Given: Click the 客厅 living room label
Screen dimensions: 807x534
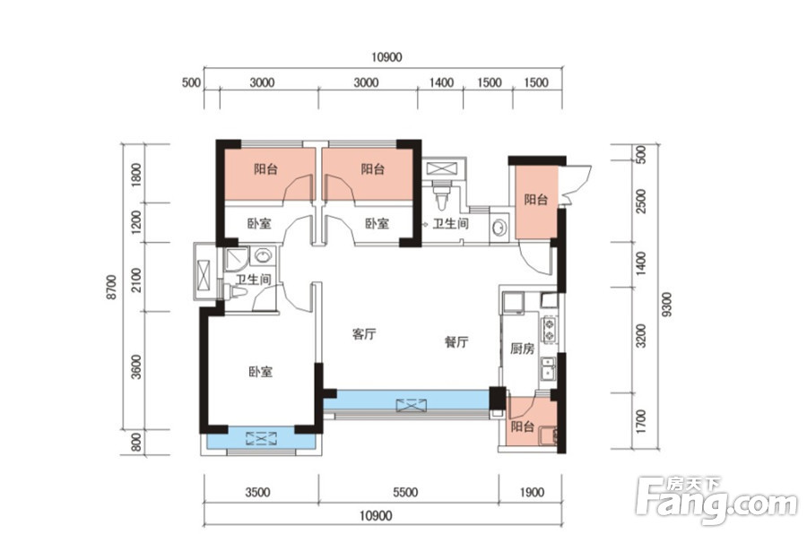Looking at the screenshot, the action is (x=364, y=334).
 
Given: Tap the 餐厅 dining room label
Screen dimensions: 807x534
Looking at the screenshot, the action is (x=456, y=341).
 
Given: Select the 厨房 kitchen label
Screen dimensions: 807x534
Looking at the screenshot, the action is (x=522, y=349).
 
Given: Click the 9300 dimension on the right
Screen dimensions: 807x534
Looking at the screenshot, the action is (x=666, y=305).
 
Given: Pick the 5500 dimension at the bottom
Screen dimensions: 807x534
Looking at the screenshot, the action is (x=405, y=492).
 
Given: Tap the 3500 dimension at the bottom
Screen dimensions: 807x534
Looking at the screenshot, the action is (x=257, y=492).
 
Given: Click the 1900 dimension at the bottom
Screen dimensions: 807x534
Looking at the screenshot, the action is (x=532, y=492).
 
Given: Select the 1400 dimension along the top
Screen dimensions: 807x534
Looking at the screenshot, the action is (x=441, y=82).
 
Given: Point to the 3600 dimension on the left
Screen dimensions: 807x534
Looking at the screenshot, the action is (x=136, y=366).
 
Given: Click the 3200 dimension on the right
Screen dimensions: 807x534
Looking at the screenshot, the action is (x=641, y=335).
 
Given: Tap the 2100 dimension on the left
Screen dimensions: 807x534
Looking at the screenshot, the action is (x=136, y=280).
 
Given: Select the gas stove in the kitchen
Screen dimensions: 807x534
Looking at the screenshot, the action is (x=550, y=330).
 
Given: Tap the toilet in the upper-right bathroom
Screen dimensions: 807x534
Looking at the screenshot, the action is (x=441, y=197).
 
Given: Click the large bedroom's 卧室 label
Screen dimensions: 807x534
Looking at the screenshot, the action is (x=260, y=372).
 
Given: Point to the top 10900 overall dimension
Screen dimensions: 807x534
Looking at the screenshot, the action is (x=386, y=57).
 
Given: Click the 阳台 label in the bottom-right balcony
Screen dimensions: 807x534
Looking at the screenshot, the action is (x=523, y=426).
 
